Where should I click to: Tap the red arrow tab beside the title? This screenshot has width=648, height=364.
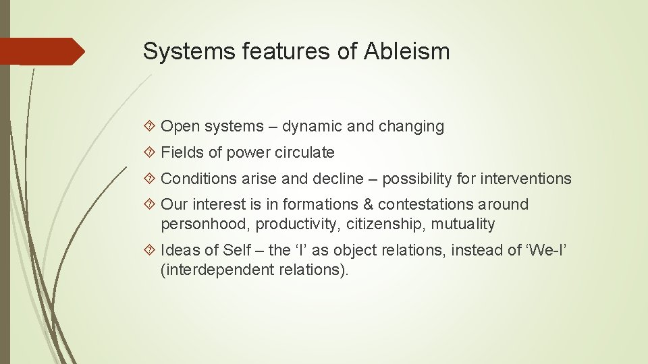click(x=44, y=51)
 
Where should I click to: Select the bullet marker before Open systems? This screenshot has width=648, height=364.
click(x=151, y=127)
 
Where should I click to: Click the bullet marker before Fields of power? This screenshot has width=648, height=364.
click(x=151, y=153)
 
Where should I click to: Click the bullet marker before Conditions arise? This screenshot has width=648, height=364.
click(x=151, y=179)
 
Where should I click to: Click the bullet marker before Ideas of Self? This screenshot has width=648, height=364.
click(x=151, y=251)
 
